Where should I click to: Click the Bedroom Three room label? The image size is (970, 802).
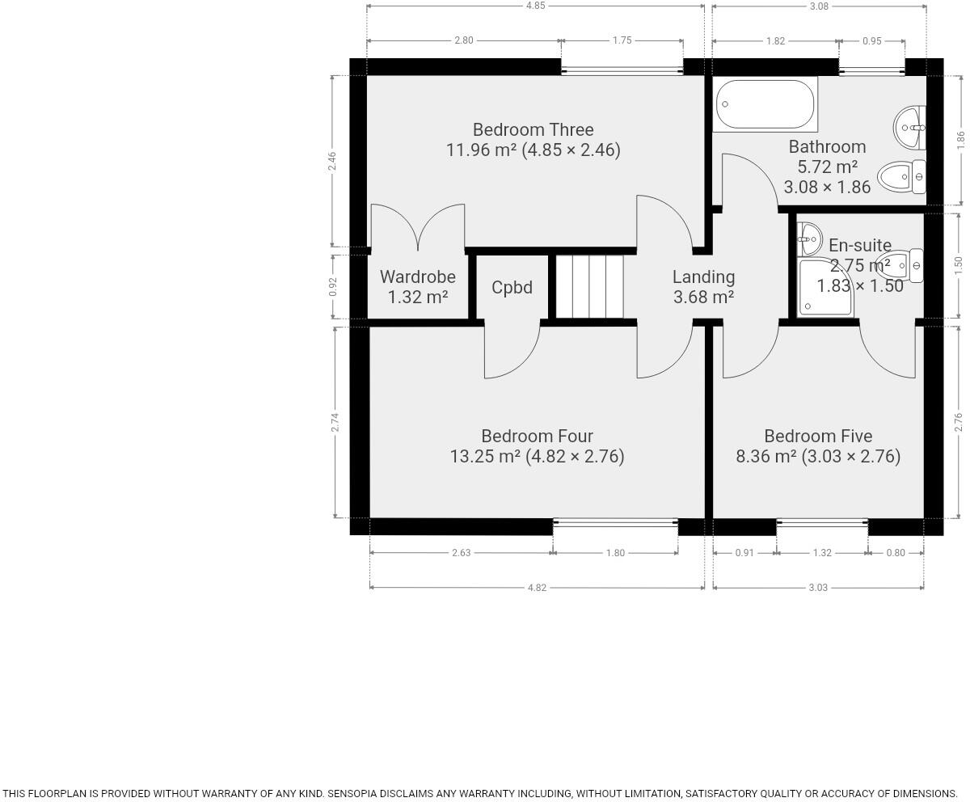point(533,129)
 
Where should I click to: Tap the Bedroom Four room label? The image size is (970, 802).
point(537,436)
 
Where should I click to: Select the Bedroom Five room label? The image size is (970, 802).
point(817,436)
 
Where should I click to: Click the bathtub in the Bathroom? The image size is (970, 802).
point(765,104)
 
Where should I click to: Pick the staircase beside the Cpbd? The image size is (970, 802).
point(589,287)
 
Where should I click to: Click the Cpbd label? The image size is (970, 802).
point(512,287)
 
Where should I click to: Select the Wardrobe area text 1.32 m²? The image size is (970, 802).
point(418,297)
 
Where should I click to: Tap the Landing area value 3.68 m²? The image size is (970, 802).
point(703,297)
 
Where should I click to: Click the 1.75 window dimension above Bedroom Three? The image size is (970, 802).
point(622,40)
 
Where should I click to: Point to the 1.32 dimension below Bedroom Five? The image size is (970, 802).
point(821,553)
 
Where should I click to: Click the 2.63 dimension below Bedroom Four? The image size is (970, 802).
point(461,553)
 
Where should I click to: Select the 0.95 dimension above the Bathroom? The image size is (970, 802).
point(871,40)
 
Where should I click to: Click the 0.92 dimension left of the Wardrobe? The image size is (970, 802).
point(332,287)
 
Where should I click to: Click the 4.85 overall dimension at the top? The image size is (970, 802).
point(535,6)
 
